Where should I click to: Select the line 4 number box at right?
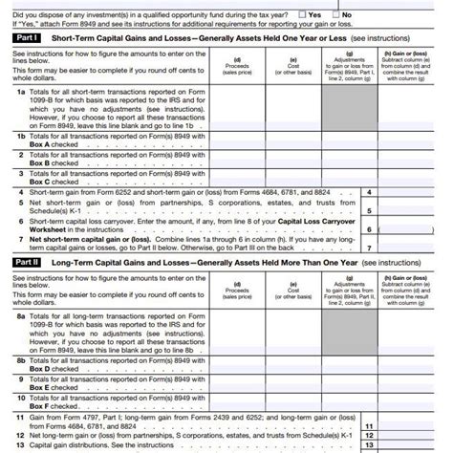(x=371, y=192)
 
